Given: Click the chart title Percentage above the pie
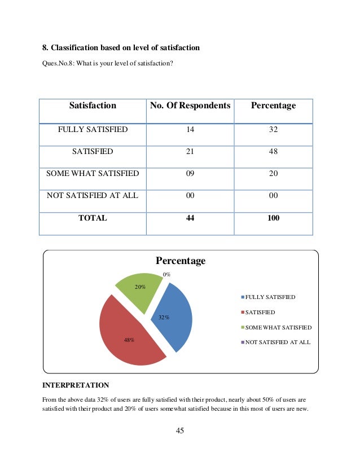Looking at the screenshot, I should pyautogui.click(x=181, y=261).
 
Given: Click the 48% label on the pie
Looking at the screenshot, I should pyautogui.click(x=129, y=340).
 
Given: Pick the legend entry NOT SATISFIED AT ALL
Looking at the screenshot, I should pyautogui.click(x=277, y=342).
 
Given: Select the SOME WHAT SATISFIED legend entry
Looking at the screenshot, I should pyautogui.click(x=278, y=327).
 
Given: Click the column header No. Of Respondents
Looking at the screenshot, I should pyautogui.click(x=190, y=105).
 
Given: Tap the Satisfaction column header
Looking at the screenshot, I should pyautogui.click(x=93, y=105).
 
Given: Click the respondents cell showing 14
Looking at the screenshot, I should pyautogui.click(x=190, y=130).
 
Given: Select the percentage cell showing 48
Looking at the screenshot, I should pyautogui.click(x=273, y=152).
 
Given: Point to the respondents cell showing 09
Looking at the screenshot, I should pyautogui.click(x=190, y=174).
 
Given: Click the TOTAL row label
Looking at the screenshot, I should pyautogui.click(x=93, y=218).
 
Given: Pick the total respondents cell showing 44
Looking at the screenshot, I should pyautogui.click(x=190, y=218).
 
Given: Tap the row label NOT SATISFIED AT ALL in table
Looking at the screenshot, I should pyautogui.click(x=93, y=196).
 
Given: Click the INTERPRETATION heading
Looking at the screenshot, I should pyautogui.click(x=76, y=386).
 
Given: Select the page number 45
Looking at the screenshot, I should pyautogui.click(x=180, y=431).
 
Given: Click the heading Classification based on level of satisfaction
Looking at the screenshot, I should pyautogui.click(x=121, y=48).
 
